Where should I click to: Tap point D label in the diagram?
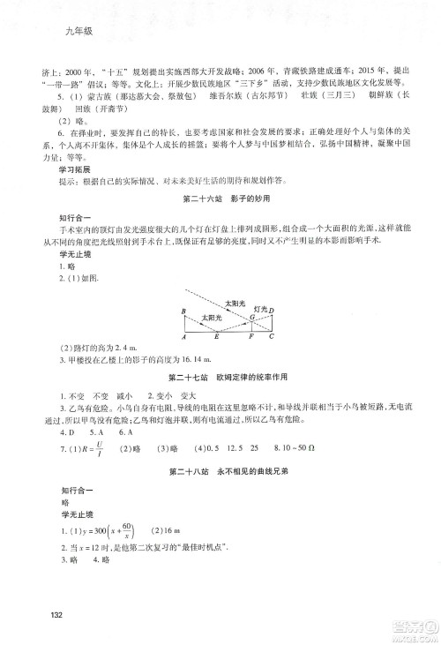(273, 311)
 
